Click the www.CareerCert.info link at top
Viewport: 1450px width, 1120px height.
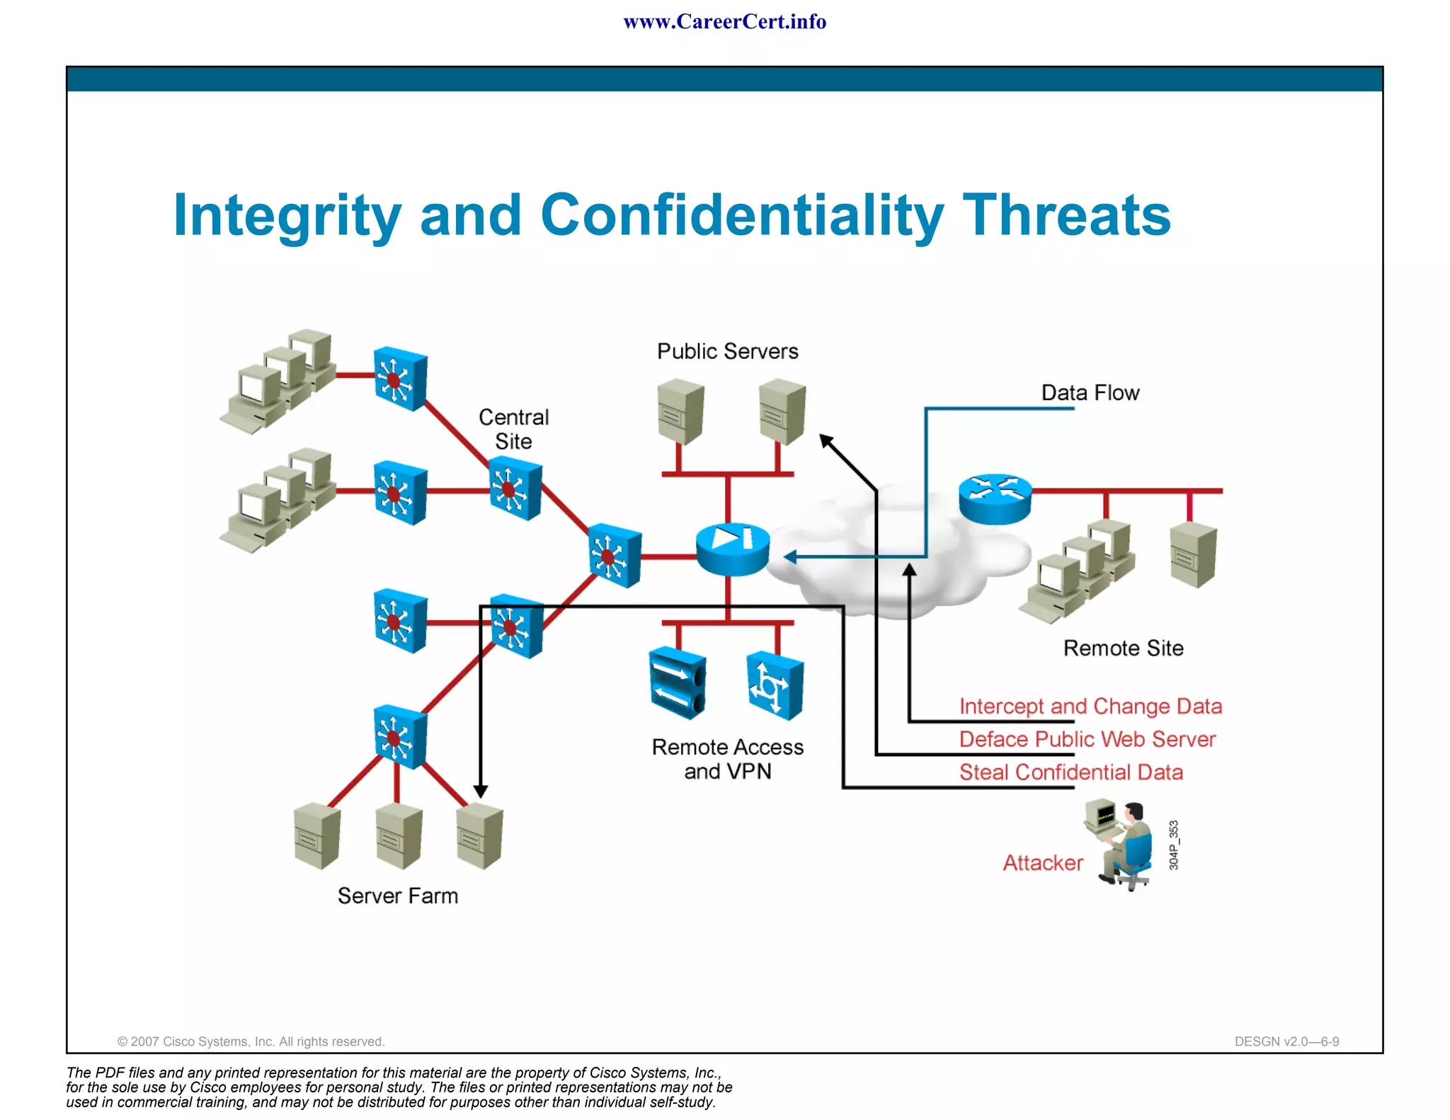724,22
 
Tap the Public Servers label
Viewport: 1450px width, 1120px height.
727,351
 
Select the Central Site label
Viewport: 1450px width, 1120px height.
513,429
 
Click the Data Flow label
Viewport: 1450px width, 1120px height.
1090,393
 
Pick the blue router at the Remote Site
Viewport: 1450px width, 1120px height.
995,498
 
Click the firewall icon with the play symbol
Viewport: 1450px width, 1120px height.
732,549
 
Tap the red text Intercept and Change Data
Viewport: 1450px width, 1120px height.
1090,706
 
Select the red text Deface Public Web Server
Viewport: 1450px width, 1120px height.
1087,739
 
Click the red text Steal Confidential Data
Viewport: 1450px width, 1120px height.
1071,772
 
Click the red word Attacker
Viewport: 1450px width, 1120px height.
1042,862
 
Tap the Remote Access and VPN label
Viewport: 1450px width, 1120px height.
727,759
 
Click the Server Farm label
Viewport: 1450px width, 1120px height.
397,896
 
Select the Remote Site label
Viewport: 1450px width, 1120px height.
1123,648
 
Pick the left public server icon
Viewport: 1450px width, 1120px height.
680,411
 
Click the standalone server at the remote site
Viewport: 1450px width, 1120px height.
1193,555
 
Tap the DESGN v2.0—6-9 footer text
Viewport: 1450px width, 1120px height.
1286,1041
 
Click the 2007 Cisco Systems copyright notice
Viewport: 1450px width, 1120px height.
251,1041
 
